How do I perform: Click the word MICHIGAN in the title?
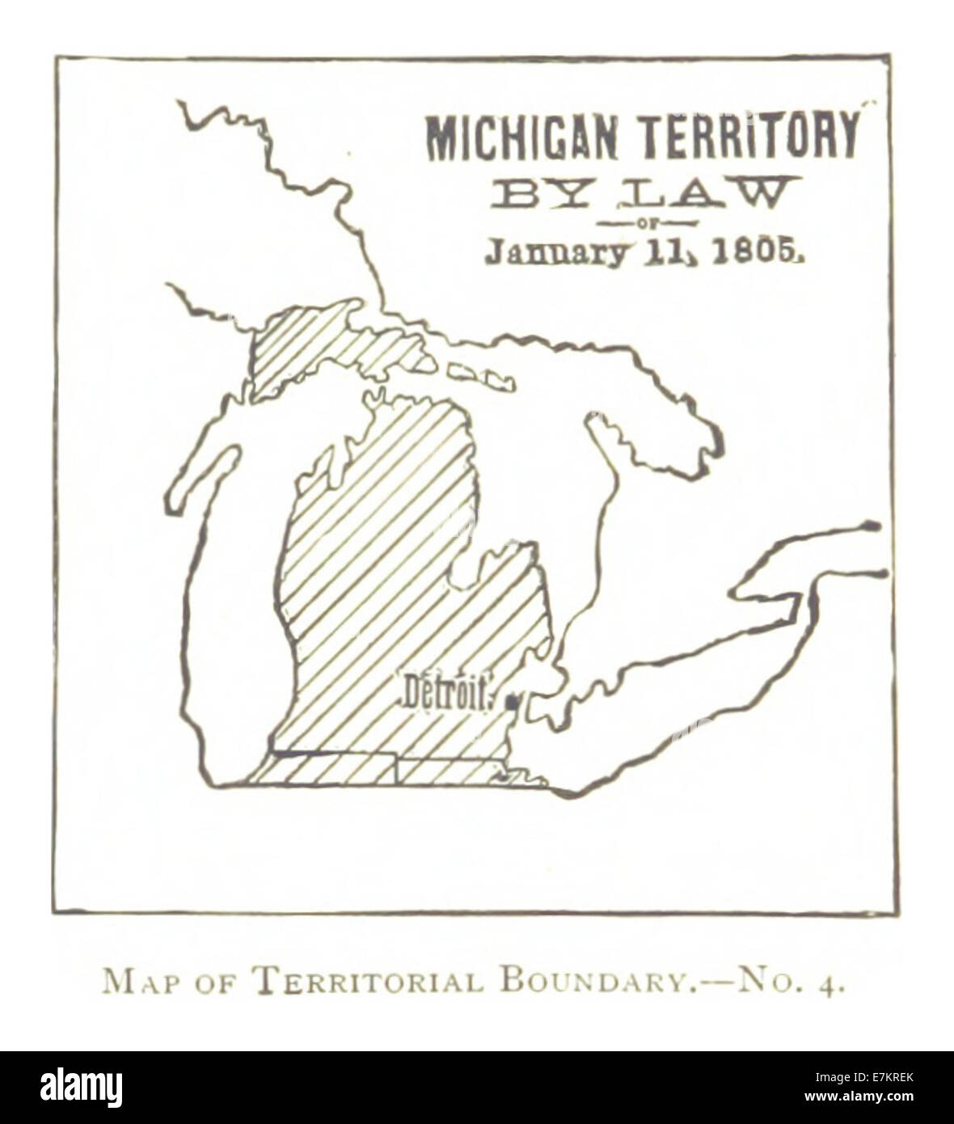[x=521, y=138]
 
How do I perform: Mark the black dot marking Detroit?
[x=512, y=705]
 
